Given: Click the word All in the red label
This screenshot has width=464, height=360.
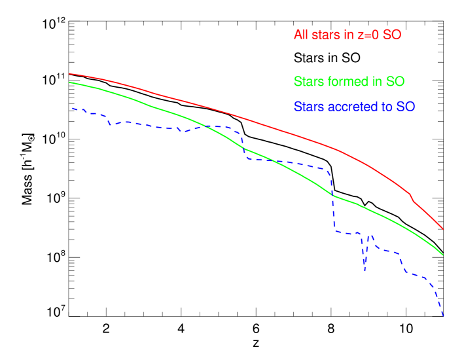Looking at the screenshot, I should [x=300, y=35].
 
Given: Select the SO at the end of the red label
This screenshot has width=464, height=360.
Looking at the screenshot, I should [x=391, y=35].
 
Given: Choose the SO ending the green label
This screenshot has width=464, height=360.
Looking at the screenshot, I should [x=395, y=82].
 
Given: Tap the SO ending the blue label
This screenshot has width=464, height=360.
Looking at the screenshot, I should [x=406, y=106].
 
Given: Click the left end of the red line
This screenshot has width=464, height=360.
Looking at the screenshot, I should [x=69, y=74].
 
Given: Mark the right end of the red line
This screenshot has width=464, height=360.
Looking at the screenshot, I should [x=444, y=230].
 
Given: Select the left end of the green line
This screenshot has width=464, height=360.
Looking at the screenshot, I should [x=69, y=82].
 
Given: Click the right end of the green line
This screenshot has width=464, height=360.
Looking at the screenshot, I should [x=444, y=255].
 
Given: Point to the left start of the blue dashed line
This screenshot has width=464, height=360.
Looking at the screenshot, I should [x=72, y=108].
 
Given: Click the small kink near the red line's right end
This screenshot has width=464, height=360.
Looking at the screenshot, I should [x=411, y=196].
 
